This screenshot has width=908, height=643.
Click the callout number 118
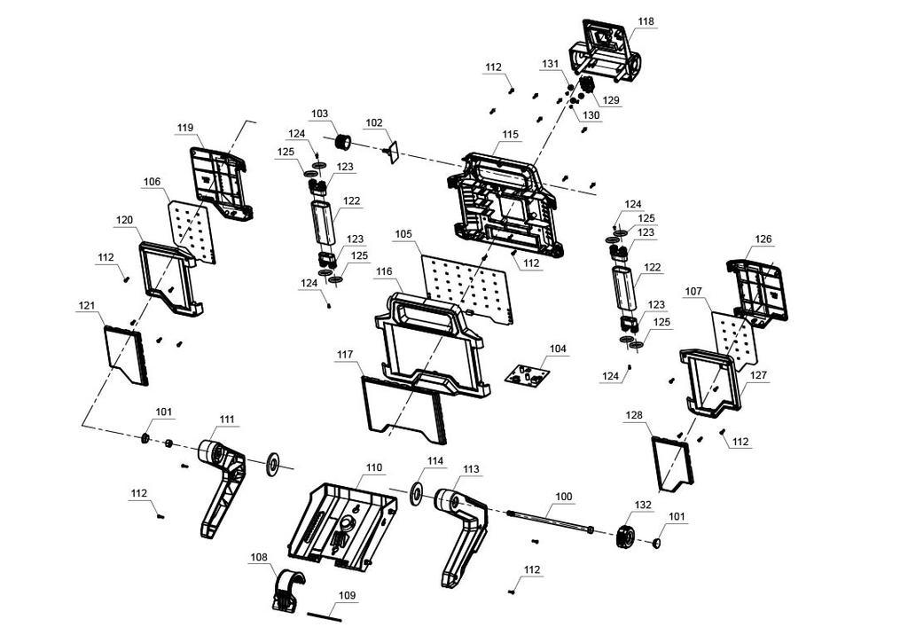(646, 21)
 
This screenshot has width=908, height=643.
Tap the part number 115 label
(510, 134)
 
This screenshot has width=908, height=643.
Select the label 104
(557, 349)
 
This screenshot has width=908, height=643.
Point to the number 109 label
(347, 595)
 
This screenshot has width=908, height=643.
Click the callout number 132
(643, 505)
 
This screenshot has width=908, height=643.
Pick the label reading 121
(86, 305)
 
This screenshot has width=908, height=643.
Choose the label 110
(373, 467)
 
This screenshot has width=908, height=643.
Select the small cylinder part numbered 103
(342, 143)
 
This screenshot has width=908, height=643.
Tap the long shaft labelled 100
(550, 521)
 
